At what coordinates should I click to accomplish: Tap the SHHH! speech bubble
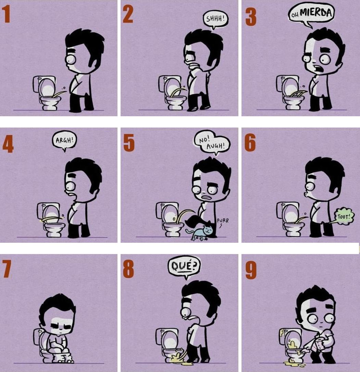pyautogui.click(x=215, y=19)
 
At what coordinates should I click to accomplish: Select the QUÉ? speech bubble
pyautogui.click(x=184, y=265)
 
